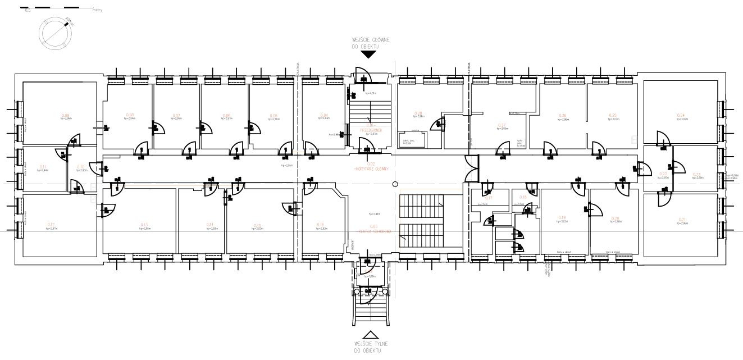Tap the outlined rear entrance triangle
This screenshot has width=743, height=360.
[x=368, y=334]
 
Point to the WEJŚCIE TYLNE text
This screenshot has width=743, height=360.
[x=368, y=343]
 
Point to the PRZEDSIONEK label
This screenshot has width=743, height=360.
[x=370, y=130]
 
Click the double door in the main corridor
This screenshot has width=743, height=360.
[x=471, y=168]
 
